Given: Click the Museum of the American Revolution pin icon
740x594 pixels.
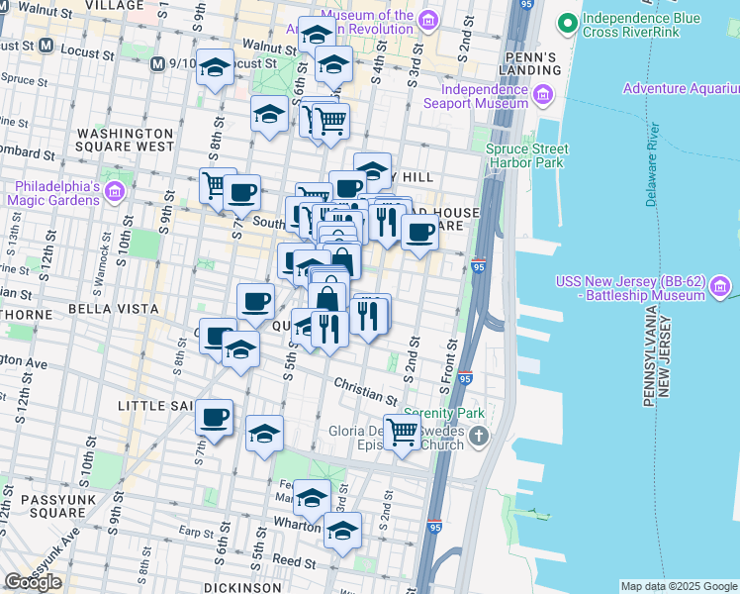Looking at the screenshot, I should [x=428, y=20].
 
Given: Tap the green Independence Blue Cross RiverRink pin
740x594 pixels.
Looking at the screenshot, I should [x=568, y=20].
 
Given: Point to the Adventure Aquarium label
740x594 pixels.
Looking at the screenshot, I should [x=681, y=89].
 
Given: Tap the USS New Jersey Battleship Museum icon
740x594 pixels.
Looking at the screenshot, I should [x=721, y=289].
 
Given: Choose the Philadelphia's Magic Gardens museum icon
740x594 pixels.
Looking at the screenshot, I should [x=114, y=191].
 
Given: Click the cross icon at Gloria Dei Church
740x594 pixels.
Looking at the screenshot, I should [x=479, y=437].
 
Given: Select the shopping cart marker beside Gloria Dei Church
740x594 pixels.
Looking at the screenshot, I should [x=402, y=432].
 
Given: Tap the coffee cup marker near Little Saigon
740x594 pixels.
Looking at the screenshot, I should [x=213, y=417].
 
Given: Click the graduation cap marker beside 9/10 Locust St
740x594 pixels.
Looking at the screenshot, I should [x=215, y=68].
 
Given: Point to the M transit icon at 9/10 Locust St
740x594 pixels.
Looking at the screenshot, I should [x=157, y=64].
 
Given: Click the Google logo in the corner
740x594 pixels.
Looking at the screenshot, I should [x=33, y=581].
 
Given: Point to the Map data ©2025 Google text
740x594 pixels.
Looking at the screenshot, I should [x=678, y=586].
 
